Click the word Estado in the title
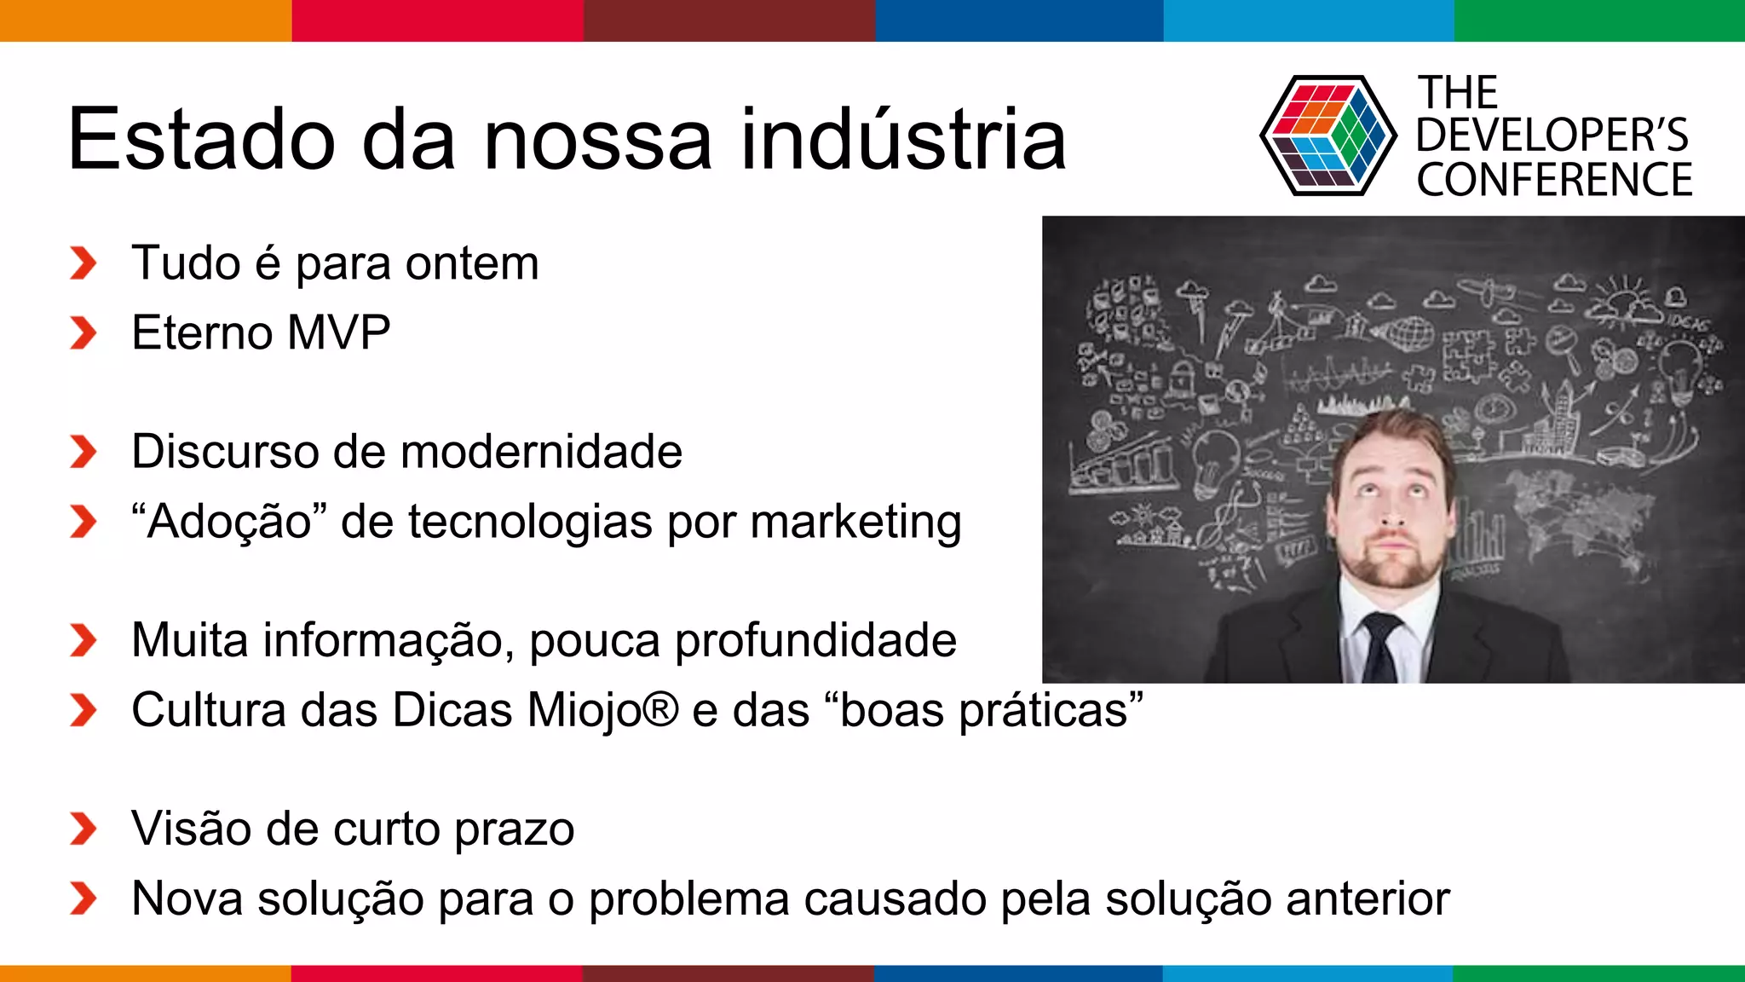201,140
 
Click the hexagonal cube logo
1327,136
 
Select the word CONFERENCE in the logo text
1554,181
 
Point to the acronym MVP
338,332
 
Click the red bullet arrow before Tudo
83,263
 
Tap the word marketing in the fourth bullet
855,522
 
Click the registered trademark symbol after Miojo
662,708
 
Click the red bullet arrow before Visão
83,829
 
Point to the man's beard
1391,567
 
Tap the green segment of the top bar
1598,20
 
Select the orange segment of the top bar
145,20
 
